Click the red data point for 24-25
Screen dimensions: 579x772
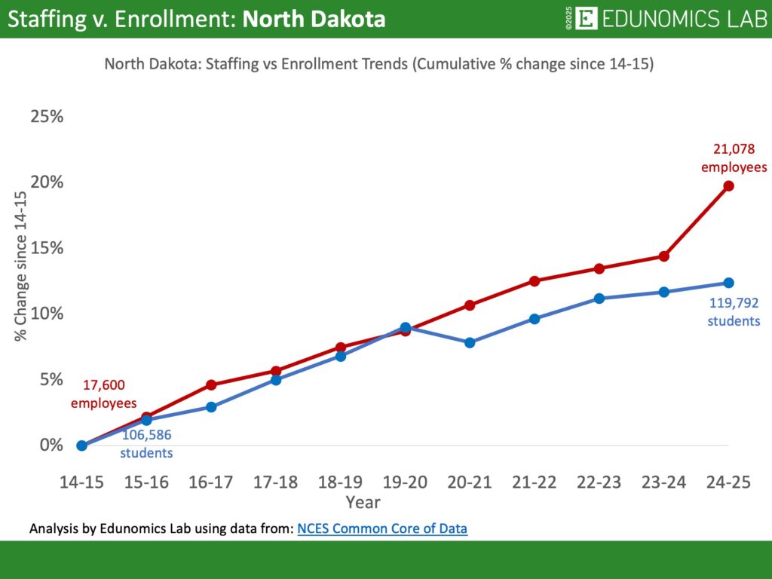[728, 185]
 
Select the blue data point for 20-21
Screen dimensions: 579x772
[470, 342]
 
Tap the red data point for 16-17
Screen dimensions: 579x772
[211, 384]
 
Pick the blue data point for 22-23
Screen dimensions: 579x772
[599, 299]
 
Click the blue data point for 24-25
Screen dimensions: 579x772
[728, 283]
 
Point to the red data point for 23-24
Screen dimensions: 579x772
[664, 256]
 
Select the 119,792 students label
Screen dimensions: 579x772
[734, 312]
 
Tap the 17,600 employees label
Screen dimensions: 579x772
[104, 394]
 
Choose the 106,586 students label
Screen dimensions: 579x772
[147, 444]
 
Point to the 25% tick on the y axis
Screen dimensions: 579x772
[47, 117]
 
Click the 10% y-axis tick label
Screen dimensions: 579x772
[47, 314]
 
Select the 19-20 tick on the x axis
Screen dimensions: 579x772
[405, 483]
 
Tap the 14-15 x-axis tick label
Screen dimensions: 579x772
[81, 483]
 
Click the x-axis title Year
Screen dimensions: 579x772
[363, 502]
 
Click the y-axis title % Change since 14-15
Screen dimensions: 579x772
[21, 265]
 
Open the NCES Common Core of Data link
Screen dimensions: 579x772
[382, 529]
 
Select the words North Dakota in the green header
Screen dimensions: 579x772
[314, 19]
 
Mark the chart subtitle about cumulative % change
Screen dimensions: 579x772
[378, 65]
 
